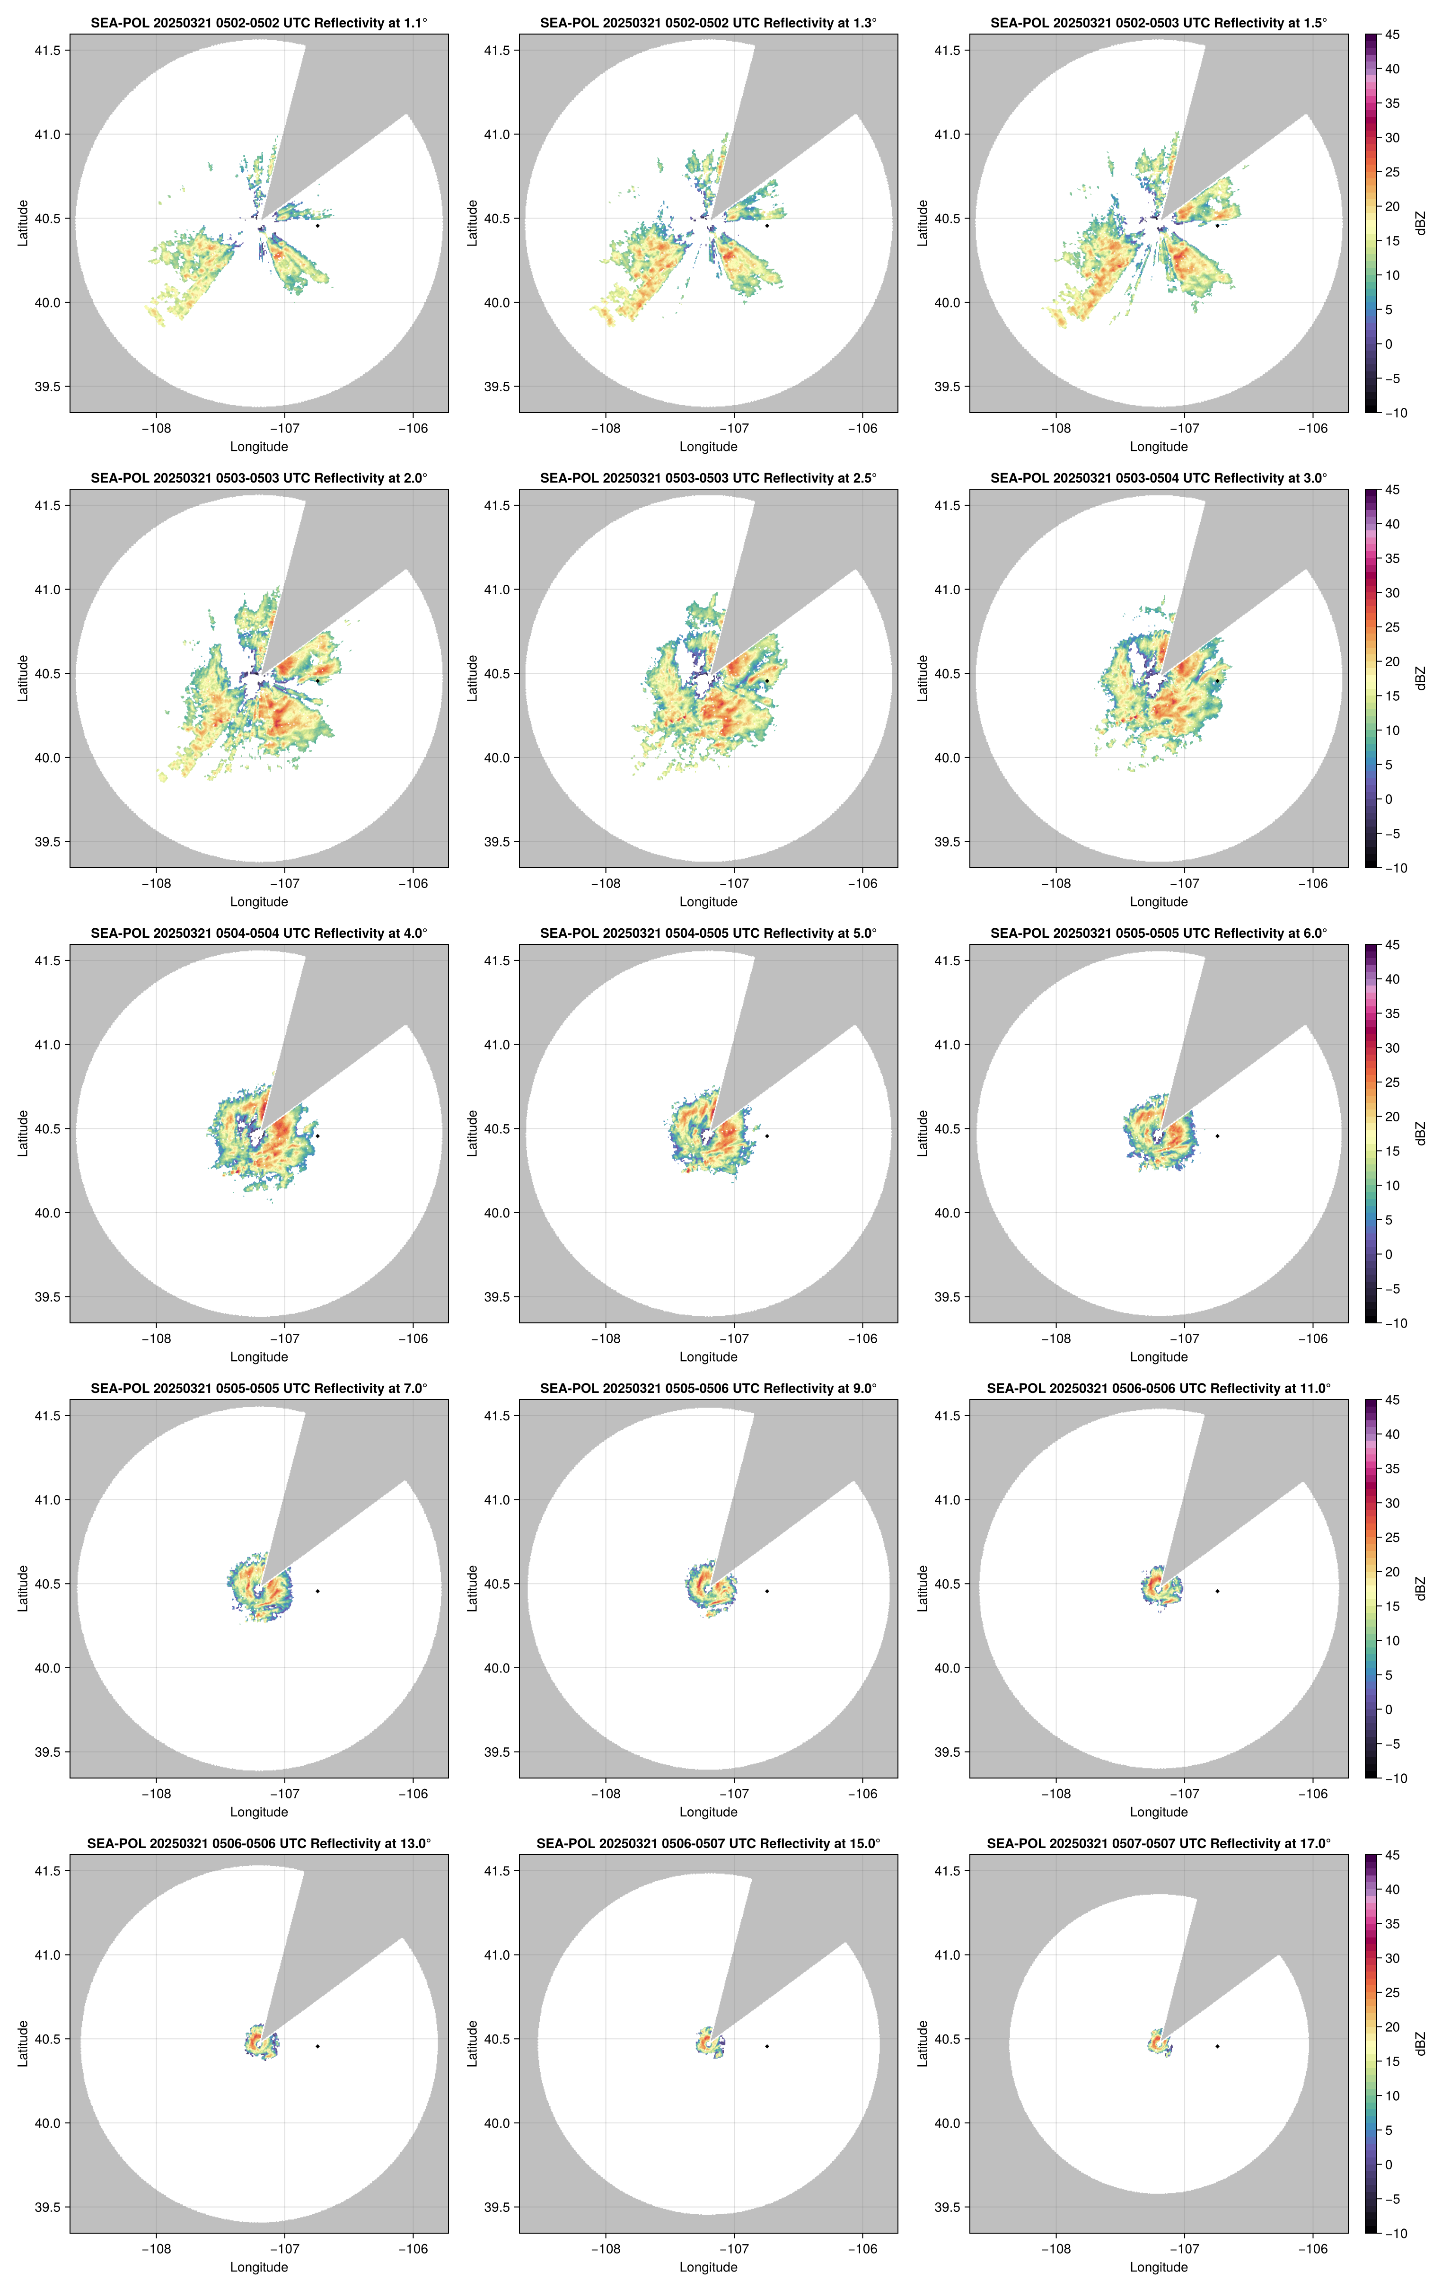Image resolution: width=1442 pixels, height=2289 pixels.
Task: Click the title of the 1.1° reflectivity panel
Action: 259,23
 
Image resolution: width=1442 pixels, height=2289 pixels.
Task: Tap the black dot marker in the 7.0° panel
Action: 317,1591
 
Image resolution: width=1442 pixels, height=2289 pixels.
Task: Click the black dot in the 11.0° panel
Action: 1217,1591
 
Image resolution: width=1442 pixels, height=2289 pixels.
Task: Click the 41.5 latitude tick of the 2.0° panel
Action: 47,506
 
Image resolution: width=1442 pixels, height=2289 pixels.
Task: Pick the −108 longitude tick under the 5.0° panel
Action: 606,1338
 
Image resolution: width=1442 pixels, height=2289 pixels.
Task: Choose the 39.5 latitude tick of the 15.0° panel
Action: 497,2207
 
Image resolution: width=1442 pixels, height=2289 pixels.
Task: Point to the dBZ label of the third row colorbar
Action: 1420,1133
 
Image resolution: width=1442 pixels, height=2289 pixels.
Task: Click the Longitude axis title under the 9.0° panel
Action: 708,1812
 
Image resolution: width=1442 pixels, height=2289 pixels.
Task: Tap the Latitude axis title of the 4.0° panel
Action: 23,1133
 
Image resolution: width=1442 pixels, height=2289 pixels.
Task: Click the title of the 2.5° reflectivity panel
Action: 708,478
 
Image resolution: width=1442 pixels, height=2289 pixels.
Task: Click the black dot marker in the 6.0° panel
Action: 1217,1136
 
